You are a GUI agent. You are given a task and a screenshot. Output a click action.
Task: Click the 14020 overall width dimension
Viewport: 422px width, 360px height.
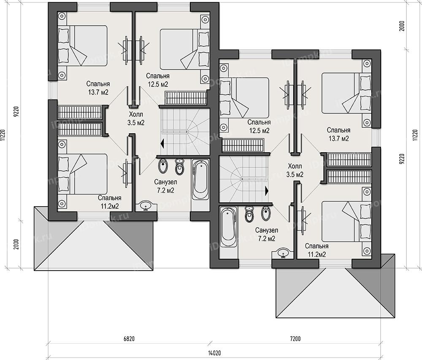(x=214, y=353)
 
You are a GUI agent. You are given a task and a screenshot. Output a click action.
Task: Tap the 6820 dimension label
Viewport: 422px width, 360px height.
(x=129, y=339)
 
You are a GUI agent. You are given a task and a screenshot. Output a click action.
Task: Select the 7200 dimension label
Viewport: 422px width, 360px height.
(x=295, y=339)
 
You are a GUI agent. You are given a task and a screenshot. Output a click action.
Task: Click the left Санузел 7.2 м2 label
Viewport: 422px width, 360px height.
(x=165, y=186)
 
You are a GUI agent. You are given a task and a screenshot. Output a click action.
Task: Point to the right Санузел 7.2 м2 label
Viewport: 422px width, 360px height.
(x=266, y=234)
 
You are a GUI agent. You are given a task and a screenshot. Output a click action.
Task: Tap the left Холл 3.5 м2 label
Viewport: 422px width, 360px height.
(x=136, y=118)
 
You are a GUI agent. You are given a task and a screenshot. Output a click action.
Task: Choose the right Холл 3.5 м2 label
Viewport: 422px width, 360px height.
(x=295, y=170)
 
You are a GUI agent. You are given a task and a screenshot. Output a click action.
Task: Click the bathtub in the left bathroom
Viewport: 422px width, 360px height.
(x=200, y=179)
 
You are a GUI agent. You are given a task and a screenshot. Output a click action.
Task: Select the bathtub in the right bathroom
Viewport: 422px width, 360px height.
(x=228, y=227)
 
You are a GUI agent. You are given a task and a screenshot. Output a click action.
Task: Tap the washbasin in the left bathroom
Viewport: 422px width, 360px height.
(x=146, y=206)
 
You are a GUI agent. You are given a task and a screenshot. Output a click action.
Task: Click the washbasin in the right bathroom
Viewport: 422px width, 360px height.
(x=283, y=253)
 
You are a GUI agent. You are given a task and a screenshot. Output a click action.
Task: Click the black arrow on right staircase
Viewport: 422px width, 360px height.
(x=266, y=191)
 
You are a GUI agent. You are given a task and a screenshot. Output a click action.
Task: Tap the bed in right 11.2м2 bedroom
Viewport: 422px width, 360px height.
(x=346, y=221)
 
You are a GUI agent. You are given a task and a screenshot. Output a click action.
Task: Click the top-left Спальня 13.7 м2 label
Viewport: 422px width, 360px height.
(x=98, y=88)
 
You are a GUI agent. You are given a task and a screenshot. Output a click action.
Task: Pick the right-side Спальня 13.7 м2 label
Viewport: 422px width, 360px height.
(x=338, y=134)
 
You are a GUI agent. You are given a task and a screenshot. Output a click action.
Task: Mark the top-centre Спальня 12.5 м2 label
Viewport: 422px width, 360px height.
(x=158, y=80)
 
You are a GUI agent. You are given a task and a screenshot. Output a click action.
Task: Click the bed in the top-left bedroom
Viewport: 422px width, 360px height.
(x=82, y=46)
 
